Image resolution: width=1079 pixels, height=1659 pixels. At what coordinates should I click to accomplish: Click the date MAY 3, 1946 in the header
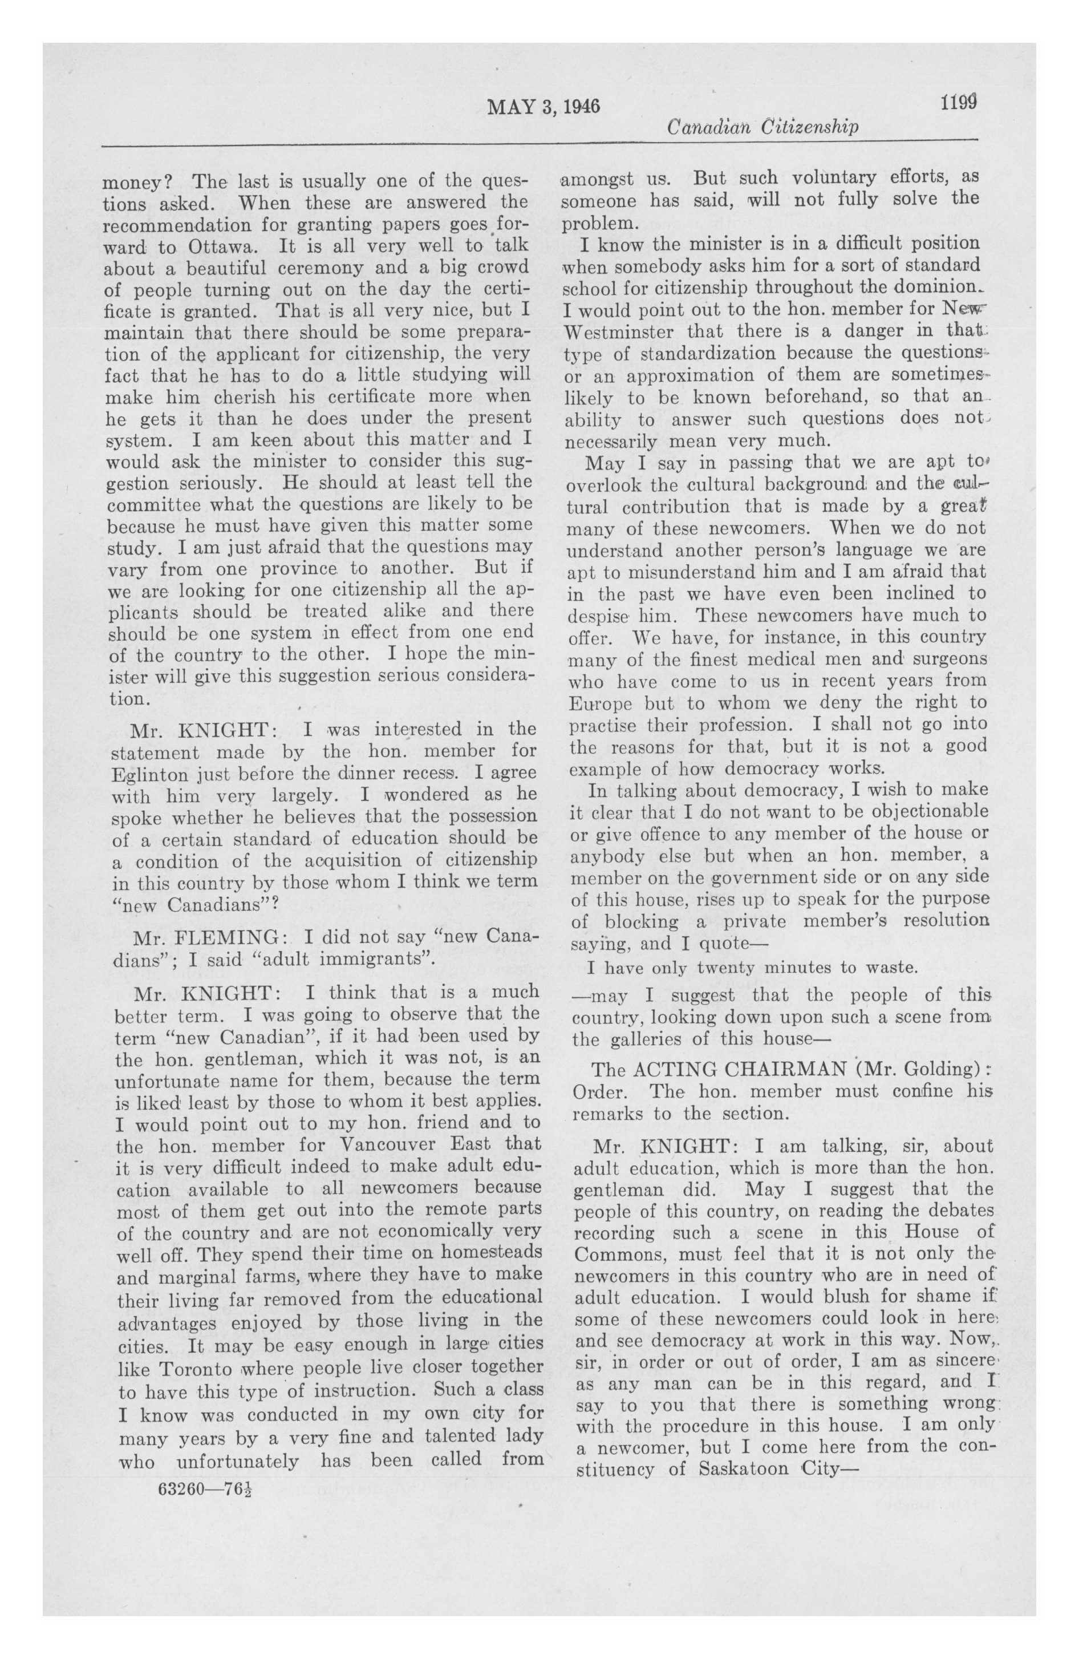click(543, 106)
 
